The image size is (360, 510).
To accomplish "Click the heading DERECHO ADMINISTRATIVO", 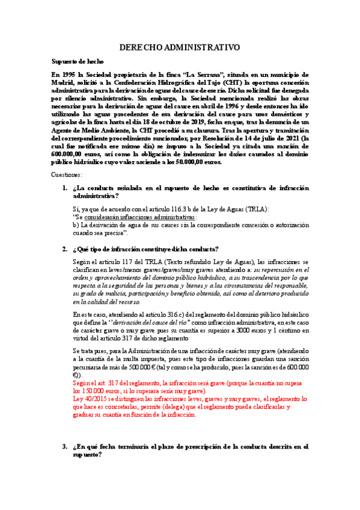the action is tap(180, 47).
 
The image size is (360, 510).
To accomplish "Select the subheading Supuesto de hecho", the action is tap(78, 61).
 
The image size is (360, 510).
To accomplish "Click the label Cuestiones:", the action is tap(70, 174).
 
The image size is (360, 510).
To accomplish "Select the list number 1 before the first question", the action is tap(65, 188).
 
